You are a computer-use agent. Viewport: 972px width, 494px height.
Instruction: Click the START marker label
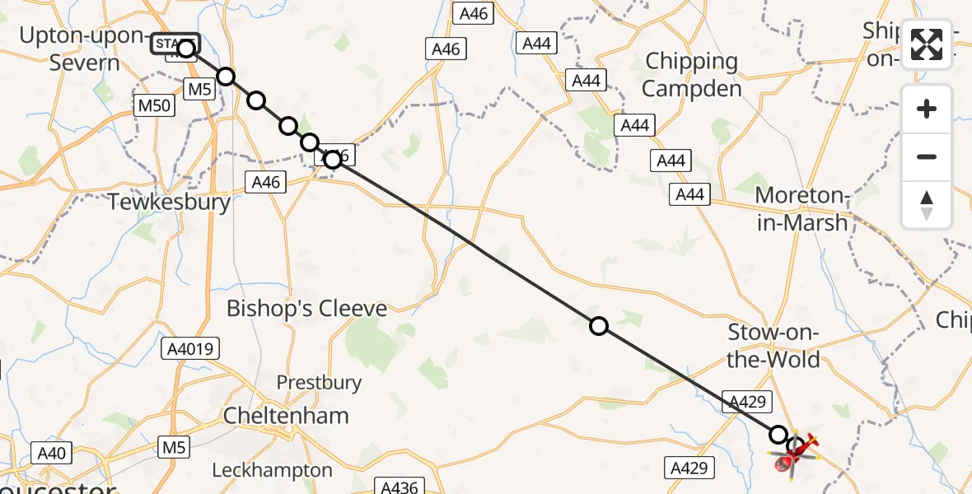coord(175,43)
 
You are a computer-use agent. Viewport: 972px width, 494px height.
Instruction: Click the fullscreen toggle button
coord(927,44)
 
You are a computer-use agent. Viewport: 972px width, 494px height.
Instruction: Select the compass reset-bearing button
coord(927,205)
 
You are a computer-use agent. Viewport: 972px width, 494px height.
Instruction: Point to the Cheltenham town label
coord(286,416)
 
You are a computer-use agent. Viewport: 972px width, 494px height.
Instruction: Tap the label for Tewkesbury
coord(170,202)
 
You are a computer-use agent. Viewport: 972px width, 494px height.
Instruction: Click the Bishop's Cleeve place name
coord(306,309)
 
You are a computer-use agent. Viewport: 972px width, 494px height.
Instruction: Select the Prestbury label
coord(319,382)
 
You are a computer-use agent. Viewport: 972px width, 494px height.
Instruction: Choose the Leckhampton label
coord(273,471)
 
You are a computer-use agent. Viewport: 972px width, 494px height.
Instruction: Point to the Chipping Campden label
coord(693,74)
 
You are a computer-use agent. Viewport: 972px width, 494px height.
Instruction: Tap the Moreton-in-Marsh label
coord(801,209)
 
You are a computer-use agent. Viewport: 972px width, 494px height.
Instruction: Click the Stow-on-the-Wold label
coord(773,346)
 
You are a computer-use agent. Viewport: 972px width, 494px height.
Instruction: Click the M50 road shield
coord(153,105)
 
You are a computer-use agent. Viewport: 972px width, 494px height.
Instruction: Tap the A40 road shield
coord(51,452)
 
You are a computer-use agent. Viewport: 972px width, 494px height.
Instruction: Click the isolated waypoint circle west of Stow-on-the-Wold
coord(599,326)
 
